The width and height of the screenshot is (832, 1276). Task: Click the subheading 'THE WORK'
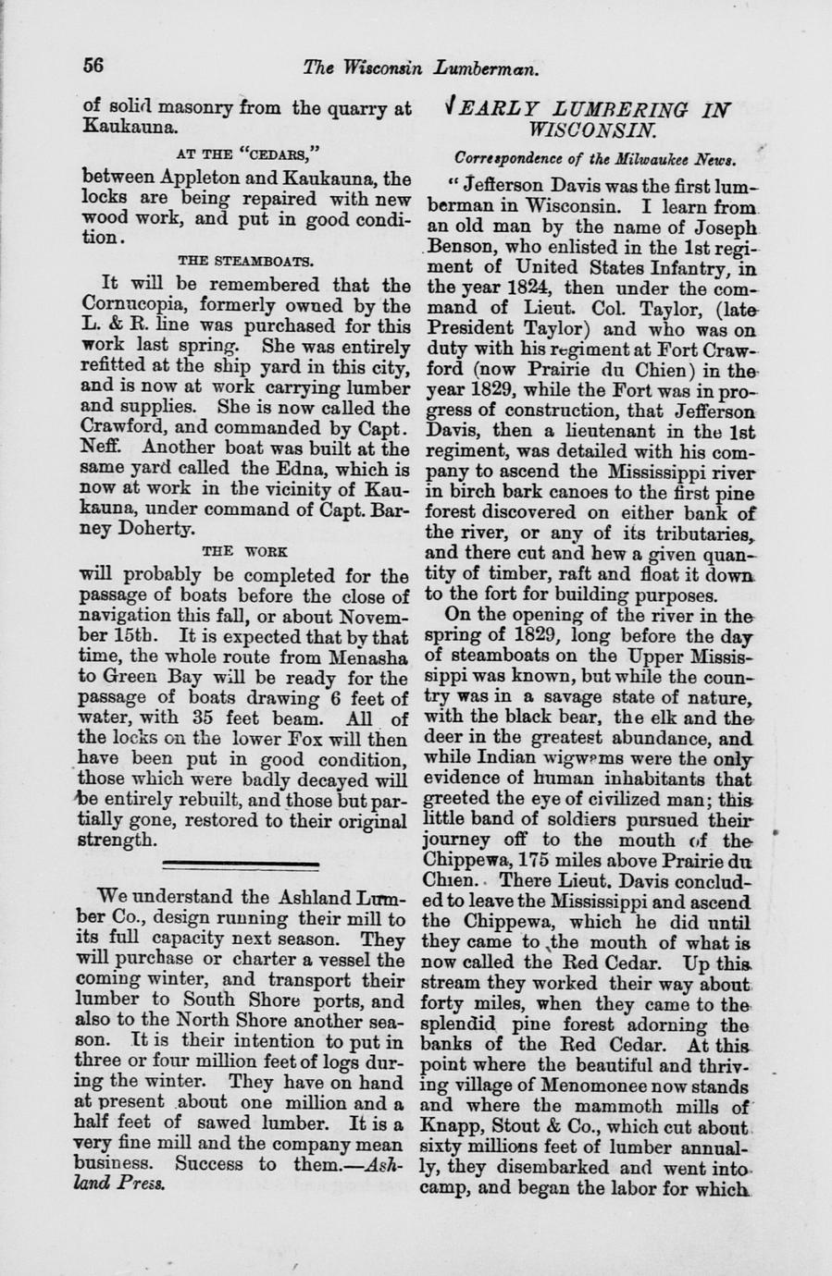[244, 552]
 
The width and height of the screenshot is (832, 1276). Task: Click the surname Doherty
[154, 530]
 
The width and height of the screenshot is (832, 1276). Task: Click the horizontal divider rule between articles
[240, 863]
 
